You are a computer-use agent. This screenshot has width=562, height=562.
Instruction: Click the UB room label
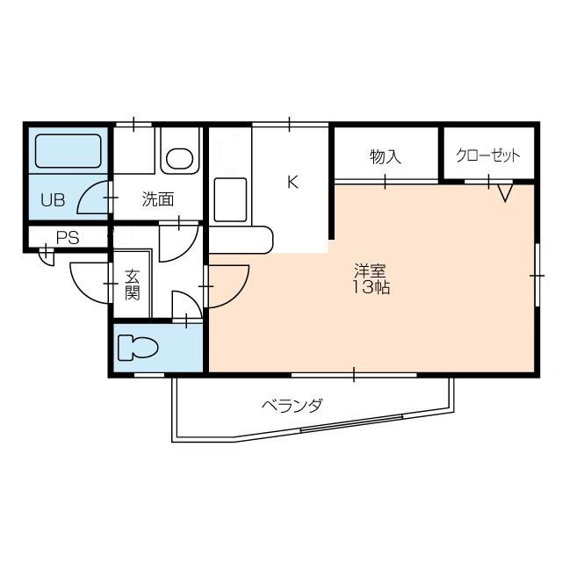click(52, 199)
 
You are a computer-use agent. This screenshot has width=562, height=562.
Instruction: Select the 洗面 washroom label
click(158, 199)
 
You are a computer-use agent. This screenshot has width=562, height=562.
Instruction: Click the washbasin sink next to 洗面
click(180, 159)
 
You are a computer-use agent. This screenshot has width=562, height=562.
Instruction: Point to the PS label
click(67, 237)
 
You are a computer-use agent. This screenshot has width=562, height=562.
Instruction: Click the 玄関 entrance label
click(132, 285)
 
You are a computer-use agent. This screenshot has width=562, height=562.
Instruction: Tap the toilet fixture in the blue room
click(139, 348)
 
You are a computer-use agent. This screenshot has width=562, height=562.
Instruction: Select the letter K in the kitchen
click(293, 183)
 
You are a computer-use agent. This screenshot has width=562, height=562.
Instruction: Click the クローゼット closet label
click(487, 156)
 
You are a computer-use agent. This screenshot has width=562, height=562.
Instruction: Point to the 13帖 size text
click(371, 287)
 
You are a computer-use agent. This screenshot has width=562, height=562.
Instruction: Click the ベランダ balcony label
click(292, 406)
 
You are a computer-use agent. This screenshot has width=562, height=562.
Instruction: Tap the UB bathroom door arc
click(92, 199)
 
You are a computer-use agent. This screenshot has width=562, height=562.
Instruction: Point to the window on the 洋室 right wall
click(536, 275)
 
